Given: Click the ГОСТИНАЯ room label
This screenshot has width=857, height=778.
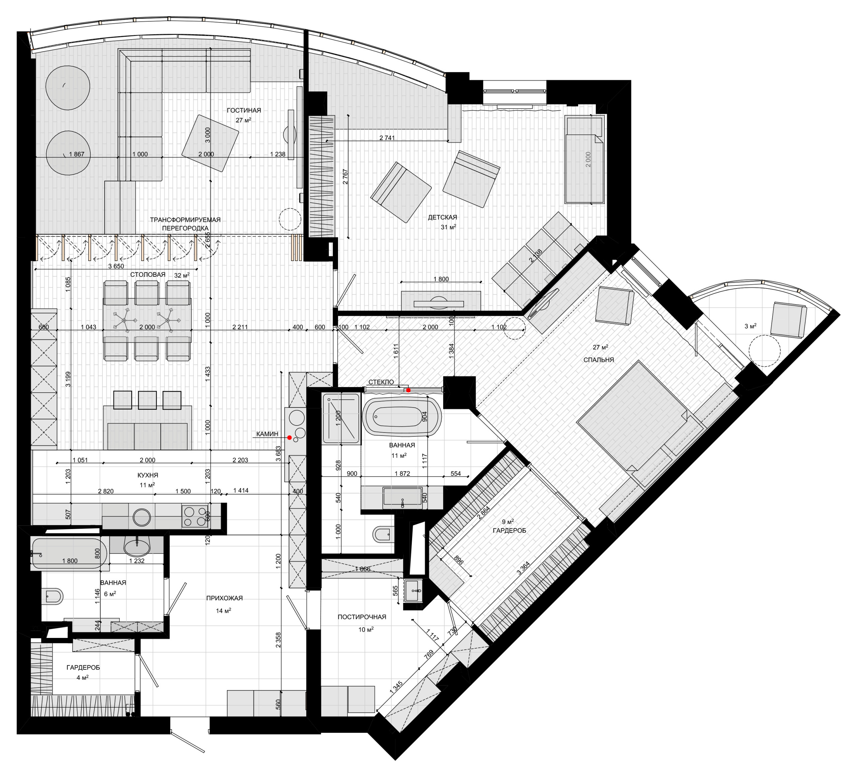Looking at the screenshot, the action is (x=244, y=110).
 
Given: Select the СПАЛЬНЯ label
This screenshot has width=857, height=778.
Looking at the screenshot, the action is (x=599, y=360).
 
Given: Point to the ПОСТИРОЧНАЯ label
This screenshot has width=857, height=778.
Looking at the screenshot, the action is (x=362, y=617).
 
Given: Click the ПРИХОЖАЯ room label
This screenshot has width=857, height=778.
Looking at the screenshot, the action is (x=224, y=598).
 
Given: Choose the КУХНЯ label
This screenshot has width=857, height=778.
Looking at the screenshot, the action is (x=148, y=475).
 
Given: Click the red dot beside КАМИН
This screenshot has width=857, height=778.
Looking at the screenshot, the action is (x=290, y=437).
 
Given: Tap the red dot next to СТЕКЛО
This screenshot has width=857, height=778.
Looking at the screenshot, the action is (x=408, y=390).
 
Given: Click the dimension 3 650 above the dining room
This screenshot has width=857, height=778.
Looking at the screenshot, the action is (x=116, y=266).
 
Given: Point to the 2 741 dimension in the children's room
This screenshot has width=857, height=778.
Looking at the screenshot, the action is (x=387, y=137).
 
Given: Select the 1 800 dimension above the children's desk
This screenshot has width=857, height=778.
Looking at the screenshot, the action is (x=441, y=279).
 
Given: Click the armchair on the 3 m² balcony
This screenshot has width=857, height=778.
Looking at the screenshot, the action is (x=789, y=319).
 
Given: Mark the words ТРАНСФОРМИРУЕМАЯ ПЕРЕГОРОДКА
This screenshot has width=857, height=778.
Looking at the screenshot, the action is (x=185, y=224).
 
